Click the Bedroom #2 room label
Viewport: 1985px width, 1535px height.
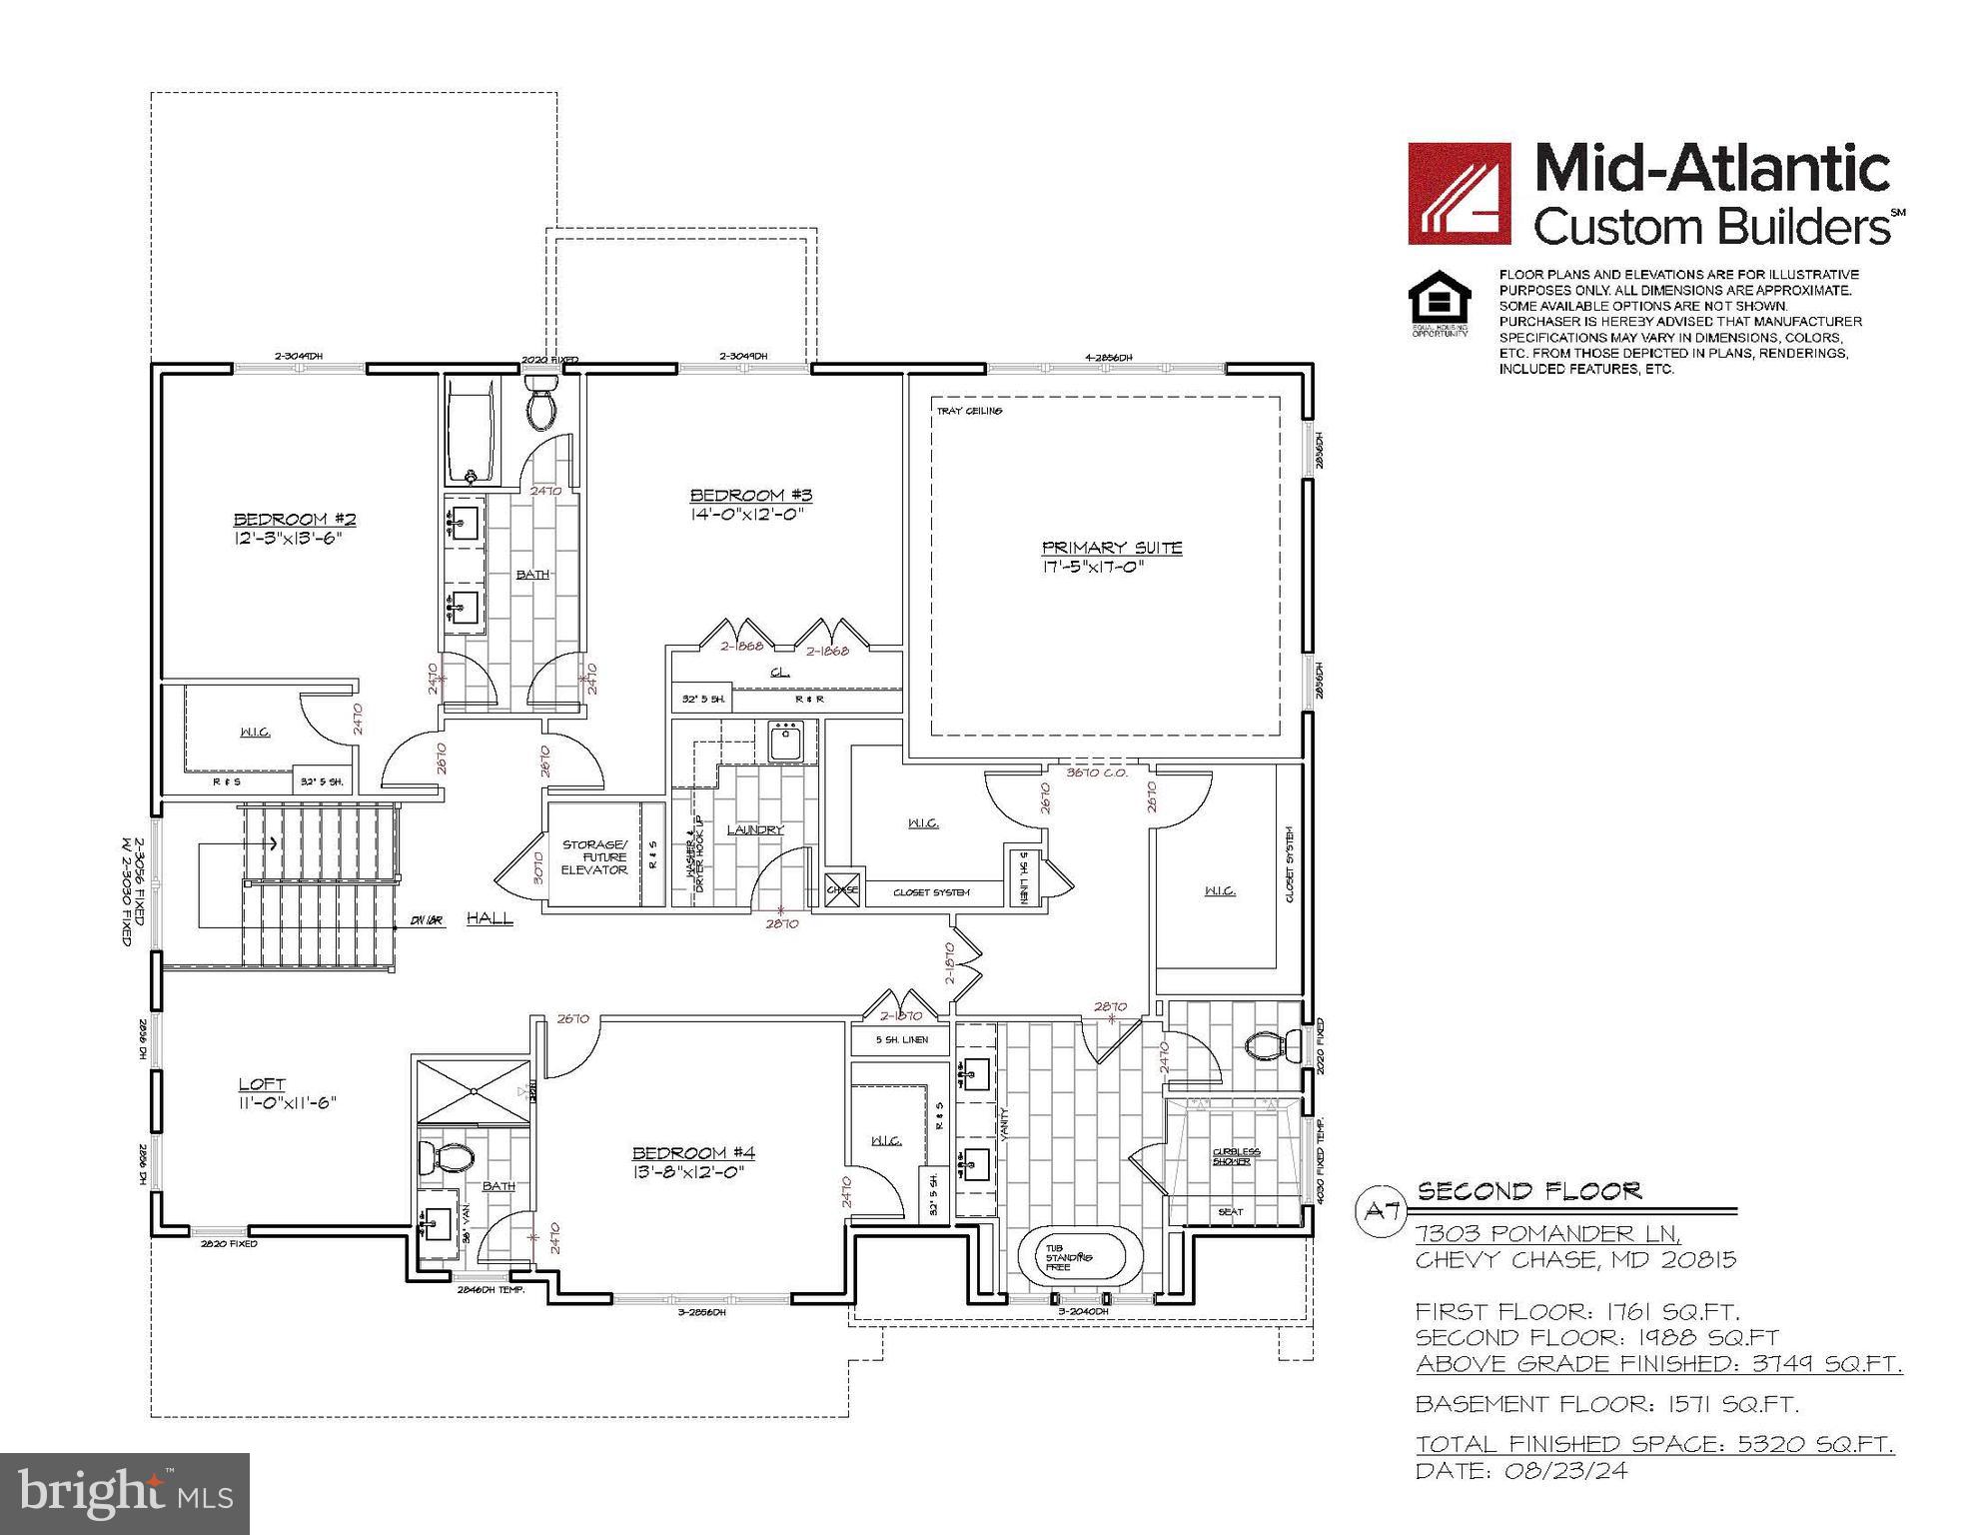pos(295,519)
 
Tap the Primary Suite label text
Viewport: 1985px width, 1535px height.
pos(1112,548)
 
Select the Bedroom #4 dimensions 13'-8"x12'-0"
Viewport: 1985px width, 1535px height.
pos(687,1172)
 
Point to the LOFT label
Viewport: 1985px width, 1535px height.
pos(262,1084)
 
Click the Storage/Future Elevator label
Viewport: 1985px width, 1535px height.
pos(594,857)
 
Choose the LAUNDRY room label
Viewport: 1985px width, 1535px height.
pos(755,829)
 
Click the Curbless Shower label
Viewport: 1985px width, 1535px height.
pos(1237,1156)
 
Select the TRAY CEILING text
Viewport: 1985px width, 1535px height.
pos(969,411)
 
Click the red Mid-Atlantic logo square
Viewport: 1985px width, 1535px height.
pos(1459,194)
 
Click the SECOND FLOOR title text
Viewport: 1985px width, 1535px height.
pos(1528,1191)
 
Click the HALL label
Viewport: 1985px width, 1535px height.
pos(490,918)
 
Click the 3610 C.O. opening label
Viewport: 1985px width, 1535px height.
pos(1096,772)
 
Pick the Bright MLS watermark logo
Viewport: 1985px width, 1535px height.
pos(125,1494)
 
